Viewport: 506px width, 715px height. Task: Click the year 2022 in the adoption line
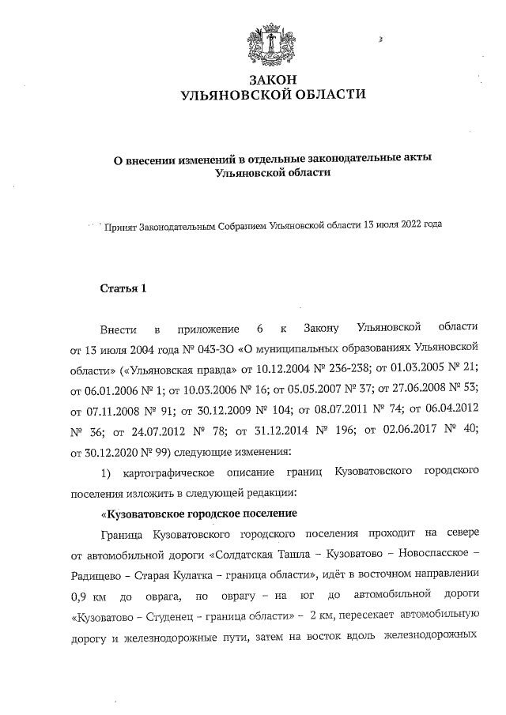click(408, 224)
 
